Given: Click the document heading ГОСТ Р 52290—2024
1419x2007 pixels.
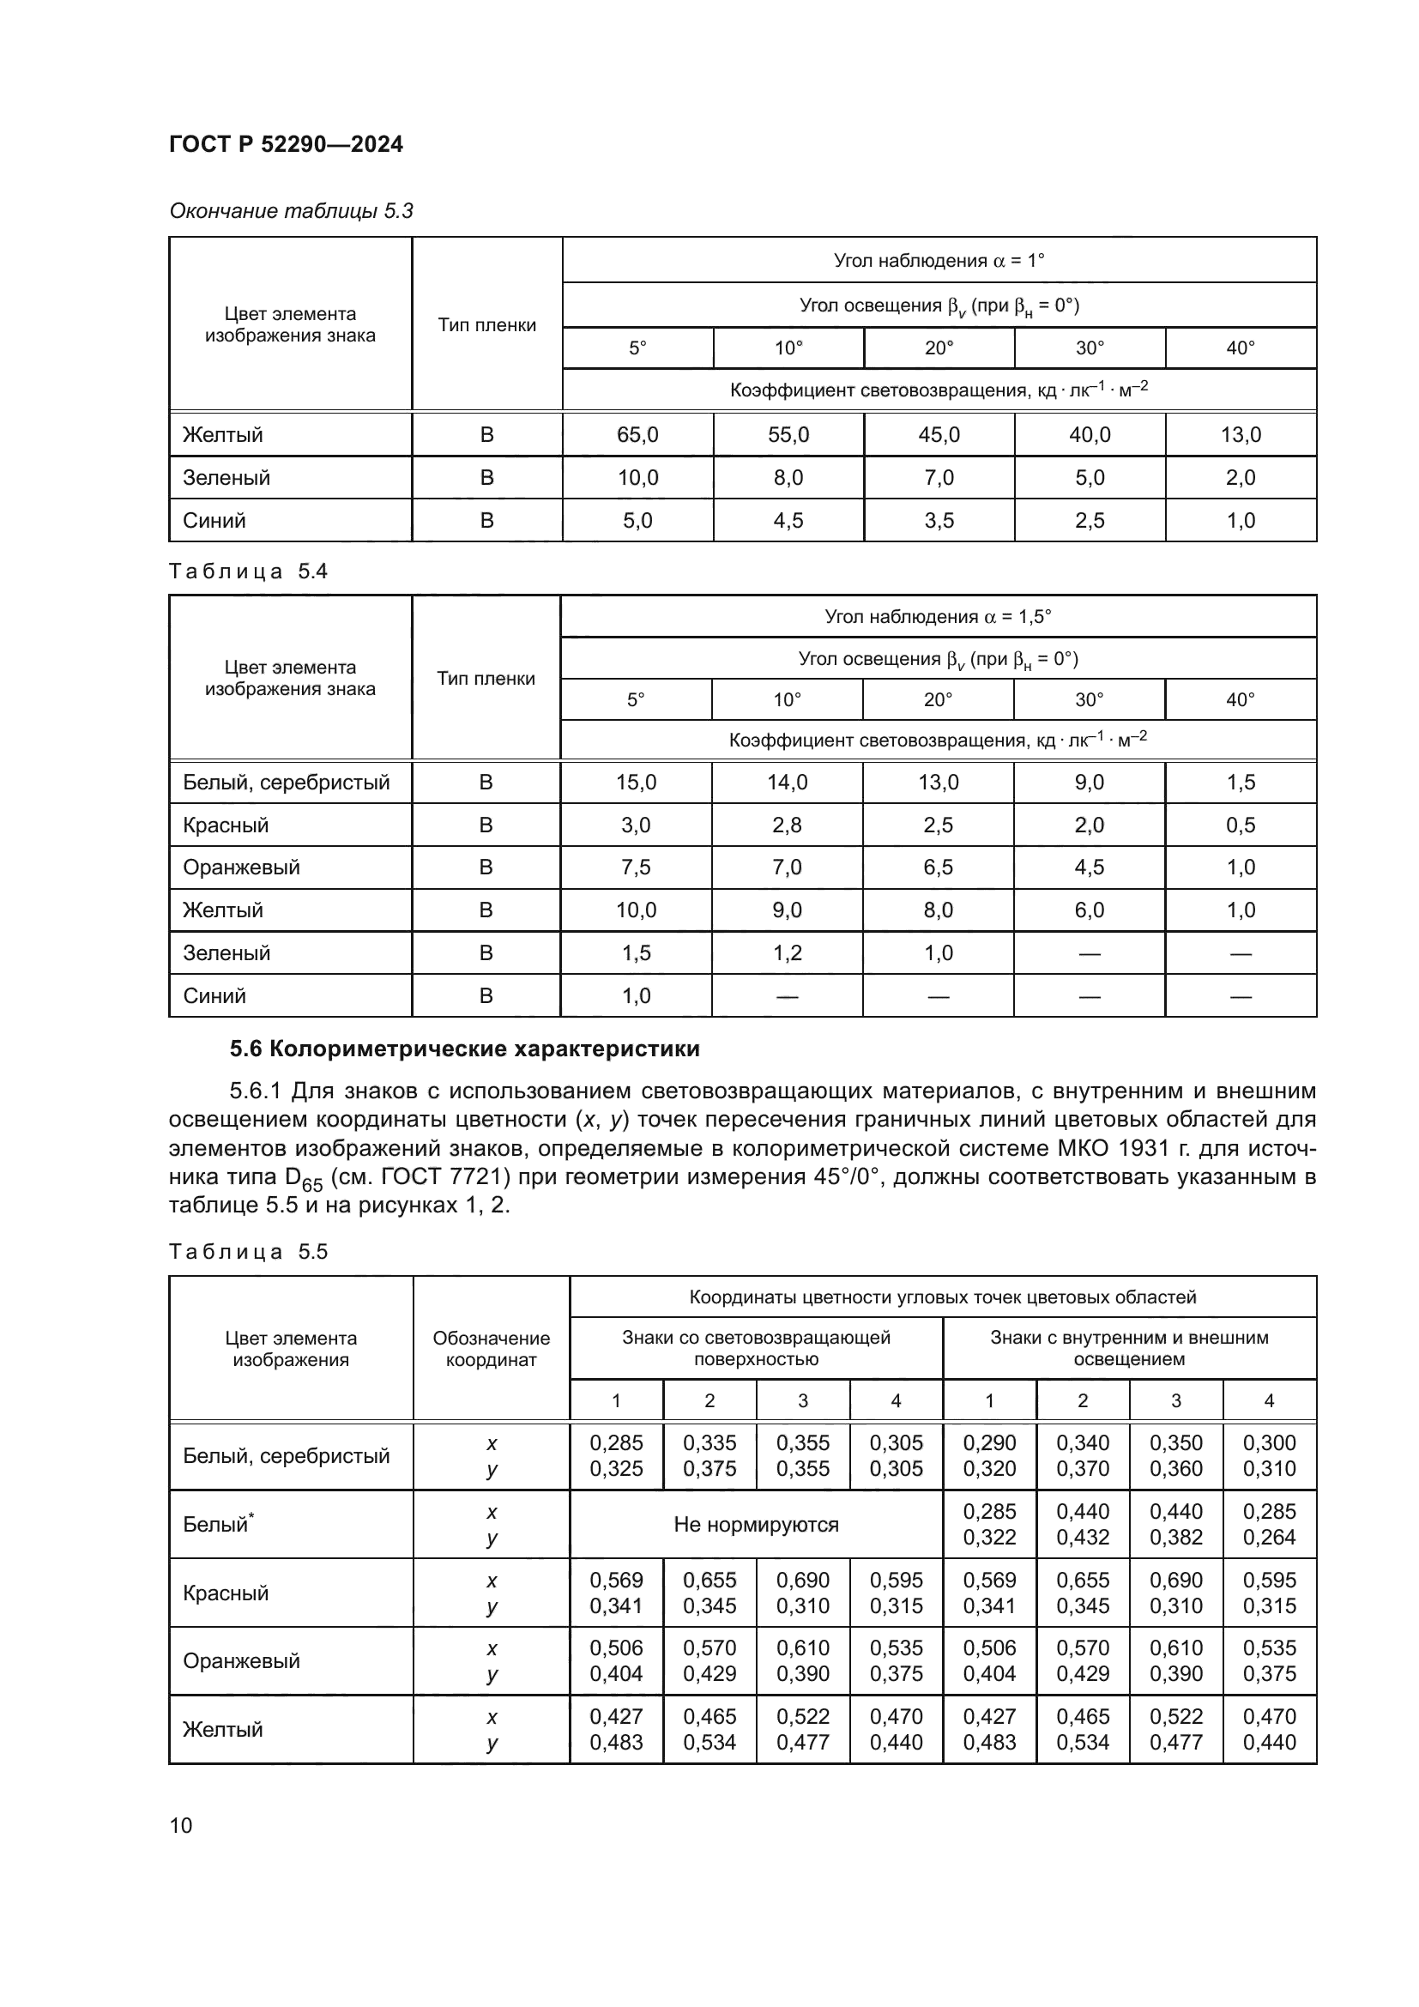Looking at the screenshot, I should [286, 144].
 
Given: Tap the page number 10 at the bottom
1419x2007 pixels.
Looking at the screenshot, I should [181, 1825].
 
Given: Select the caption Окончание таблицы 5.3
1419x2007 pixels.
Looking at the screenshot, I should [291, 211].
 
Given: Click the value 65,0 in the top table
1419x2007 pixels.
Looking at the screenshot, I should [637, 434].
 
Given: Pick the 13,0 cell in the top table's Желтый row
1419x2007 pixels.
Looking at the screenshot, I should [1240, 434].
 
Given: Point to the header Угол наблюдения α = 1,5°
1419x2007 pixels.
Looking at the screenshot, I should [938, 616].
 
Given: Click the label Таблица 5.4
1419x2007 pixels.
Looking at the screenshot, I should [248, 571].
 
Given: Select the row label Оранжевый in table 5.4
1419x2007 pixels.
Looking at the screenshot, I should [241, 867].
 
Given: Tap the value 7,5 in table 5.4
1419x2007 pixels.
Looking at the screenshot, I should [635, 867].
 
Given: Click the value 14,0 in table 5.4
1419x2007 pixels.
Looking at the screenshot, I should [787, 782].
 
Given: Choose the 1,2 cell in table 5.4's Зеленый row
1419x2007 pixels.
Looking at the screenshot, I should [787, 952].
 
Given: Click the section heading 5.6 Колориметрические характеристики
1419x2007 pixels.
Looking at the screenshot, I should [465, 1048].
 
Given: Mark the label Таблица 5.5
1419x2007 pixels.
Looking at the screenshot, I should [248, 1251].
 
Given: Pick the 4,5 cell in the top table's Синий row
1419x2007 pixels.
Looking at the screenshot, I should [788, 520].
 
